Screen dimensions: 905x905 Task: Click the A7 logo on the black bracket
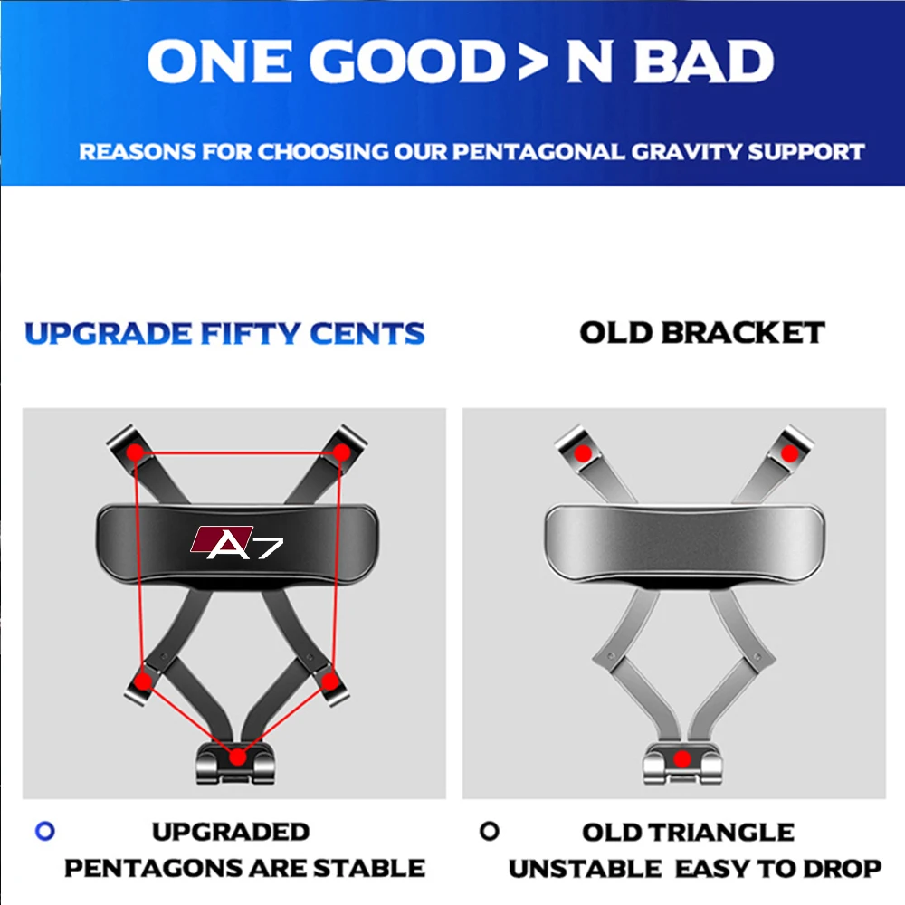(x=236, y=542)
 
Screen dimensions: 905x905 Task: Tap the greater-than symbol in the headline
(x=532, y=62)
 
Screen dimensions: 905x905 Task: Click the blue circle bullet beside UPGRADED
(x=45, y=831)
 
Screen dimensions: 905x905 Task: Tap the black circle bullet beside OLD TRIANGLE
(x=490, y=831)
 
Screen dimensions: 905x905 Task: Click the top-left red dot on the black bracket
(x=135, y=452)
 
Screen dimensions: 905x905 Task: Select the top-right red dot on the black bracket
(x=341, y=452)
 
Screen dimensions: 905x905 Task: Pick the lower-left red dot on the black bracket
(x=143, y=682)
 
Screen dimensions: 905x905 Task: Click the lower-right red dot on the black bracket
(x=329, y=682)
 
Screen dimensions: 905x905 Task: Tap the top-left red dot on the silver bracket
(x=583, y=453)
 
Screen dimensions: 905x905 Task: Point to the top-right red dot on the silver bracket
(x=789, y=453)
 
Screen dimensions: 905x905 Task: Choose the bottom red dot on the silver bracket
(x=682, y=759)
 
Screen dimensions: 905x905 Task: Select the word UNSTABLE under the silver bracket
(x=585, y=869)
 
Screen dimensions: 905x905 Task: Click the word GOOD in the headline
(x=408, y=62)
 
